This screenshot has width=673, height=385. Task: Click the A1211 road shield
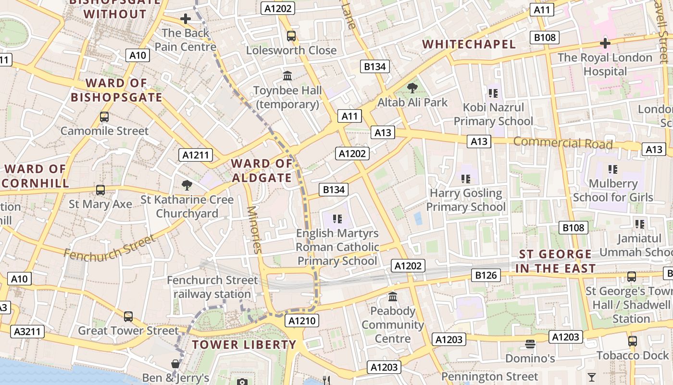(196, 155)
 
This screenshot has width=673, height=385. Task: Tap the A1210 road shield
(302, 321)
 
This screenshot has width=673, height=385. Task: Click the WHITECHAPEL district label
(469, 44)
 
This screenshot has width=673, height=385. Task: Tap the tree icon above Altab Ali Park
(412, 88)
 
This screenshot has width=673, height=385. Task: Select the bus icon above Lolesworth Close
(291, 36)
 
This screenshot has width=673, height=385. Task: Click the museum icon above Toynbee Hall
(288, 76)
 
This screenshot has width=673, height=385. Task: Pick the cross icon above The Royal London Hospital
(605, 43)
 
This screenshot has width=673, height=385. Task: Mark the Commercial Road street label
(563, 143)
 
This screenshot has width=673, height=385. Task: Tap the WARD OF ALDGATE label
(262, 171)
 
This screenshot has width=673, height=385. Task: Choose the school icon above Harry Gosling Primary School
(465, 179)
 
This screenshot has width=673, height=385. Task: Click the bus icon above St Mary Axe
(100, 190)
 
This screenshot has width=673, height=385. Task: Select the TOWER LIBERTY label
(244, 345)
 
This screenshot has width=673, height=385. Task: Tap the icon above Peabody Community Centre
(393, 296)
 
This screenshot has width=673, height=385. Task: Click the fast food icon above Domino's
(530, 344)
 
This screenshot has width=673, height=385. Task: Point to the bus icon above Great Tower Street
(128, 317)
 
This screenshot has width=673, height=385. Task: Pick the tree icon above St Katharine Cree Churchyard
(187, 185)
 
